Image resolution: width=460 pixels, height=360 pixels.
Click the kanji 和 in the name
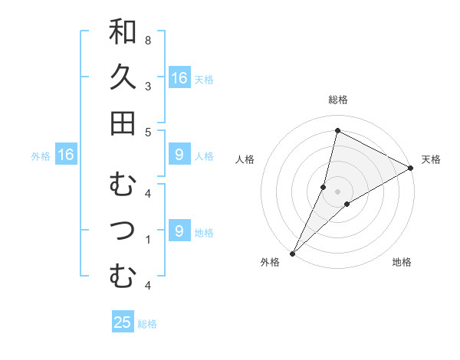123,32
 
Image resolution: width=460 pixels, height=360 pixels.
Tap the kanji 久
123,77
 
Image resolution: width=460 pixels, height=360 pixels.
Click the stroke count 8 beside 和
147,40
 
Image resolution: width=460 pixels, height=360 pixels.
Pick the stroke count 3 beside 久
147,86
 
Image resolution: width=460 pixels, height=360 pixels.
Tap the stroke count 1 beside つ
147,240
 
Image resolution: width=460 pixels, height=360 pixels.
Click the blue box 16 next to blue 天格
179,77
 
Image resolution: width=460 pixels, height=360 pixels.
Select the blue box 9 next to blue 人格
179,155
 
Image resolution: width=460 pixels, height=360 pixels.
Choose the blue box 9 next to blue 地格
179,231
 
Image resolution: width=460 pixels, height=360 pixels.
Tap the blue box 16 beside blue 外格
66,155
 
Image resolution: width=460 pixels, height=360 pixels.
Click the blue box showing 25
123,322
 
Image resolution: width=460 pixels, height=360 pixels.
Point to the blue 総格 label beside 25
147,324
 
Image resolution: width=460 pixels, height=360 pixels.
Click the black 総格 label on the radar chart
337,100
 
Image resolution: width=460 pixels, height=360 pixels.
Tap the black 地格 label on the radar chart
402,263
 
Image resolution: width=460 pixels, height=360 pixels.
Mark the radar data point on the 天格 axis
411,169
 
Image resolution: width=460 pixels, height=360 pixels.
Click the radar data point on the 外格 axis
292,253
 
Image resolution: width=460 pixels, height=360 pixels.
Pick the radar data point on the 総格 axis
337,129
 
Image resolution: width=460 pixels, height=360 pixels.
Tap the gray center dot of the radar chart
337,191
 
